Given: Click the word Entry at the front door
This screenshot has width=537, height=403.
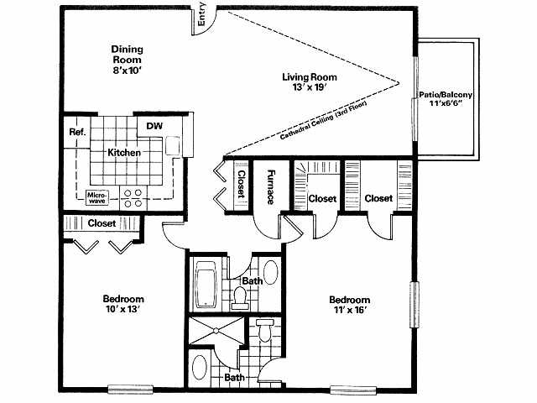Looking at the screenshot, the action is (201, 14).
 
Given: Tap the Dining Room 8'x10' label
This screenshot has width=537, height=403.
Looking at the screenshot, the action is (127, 60).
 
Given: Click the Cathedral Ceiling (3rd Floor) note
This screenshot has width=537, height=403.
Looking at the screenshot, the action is (323, 120).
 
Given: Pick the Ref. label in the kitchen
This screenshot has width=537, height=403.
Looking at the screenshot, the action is (77, 132).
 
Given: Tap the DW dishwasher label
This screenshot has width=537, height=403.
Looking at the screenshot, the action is (154, 126).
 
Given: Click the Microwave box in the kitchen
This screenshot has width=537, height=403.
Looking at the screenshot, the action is (97, 198).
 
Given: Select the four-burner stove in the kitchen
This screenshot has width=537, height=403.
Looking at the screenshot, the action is (133, 198).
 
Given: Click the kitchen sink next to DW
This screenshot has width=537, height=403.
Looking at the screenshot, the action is (173, 145).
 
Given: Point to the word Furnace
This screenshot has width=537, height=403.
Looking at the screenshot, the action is (271, 186).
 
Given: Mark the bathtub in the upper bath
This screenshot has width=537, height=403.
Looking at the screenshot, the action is (206, 284).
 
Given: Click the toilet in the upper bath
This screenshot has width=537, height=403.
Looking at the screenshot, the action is (239, 297).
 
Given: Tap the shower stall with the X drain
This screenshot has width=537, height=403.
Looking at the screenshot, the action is (216, 331).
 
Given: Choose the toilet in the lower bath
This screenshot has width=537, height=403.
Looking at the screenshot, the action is (265, 330).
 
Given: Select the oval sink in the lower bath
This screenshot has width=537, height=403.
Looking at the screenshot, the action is (200, 367).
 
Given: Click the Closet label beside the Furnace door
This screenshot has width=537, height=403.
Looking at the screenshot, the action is (241, 184).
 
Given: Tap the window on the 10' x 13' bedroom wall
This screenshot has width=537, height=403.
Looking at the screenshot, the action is (131, 390).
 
